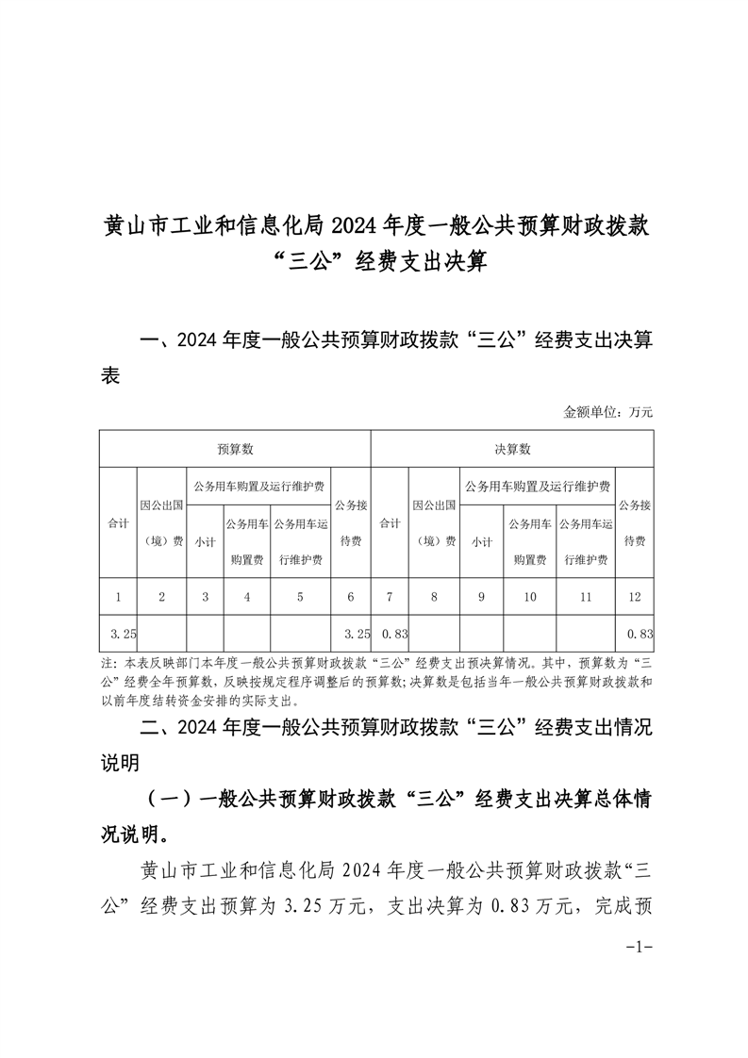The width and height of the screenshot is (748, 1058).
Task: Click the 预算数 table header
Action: (x=235, y=449)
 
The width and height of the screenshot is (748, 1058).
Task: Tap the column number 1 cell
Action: (x=118, y=596)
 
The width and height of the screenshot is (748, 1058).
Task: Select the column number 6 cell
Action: (x=351, y=596)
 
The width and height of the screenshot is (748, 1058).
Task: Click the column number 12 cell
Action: (x=635, y=596)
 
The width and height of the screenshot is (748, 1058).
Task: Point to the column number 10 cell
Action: (x=529, y=596)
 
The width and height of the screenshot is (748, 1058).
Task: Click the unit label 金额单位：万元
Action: (x=607, y=411)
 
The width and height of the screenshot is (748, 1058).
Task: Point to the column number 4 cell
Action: (x=247, y=596)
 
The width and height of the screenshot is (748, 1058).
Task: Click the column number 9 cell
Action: (x=481, y=596)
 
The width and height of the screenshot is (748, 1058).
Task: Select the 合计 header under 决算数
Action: (x=390, y=522)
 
